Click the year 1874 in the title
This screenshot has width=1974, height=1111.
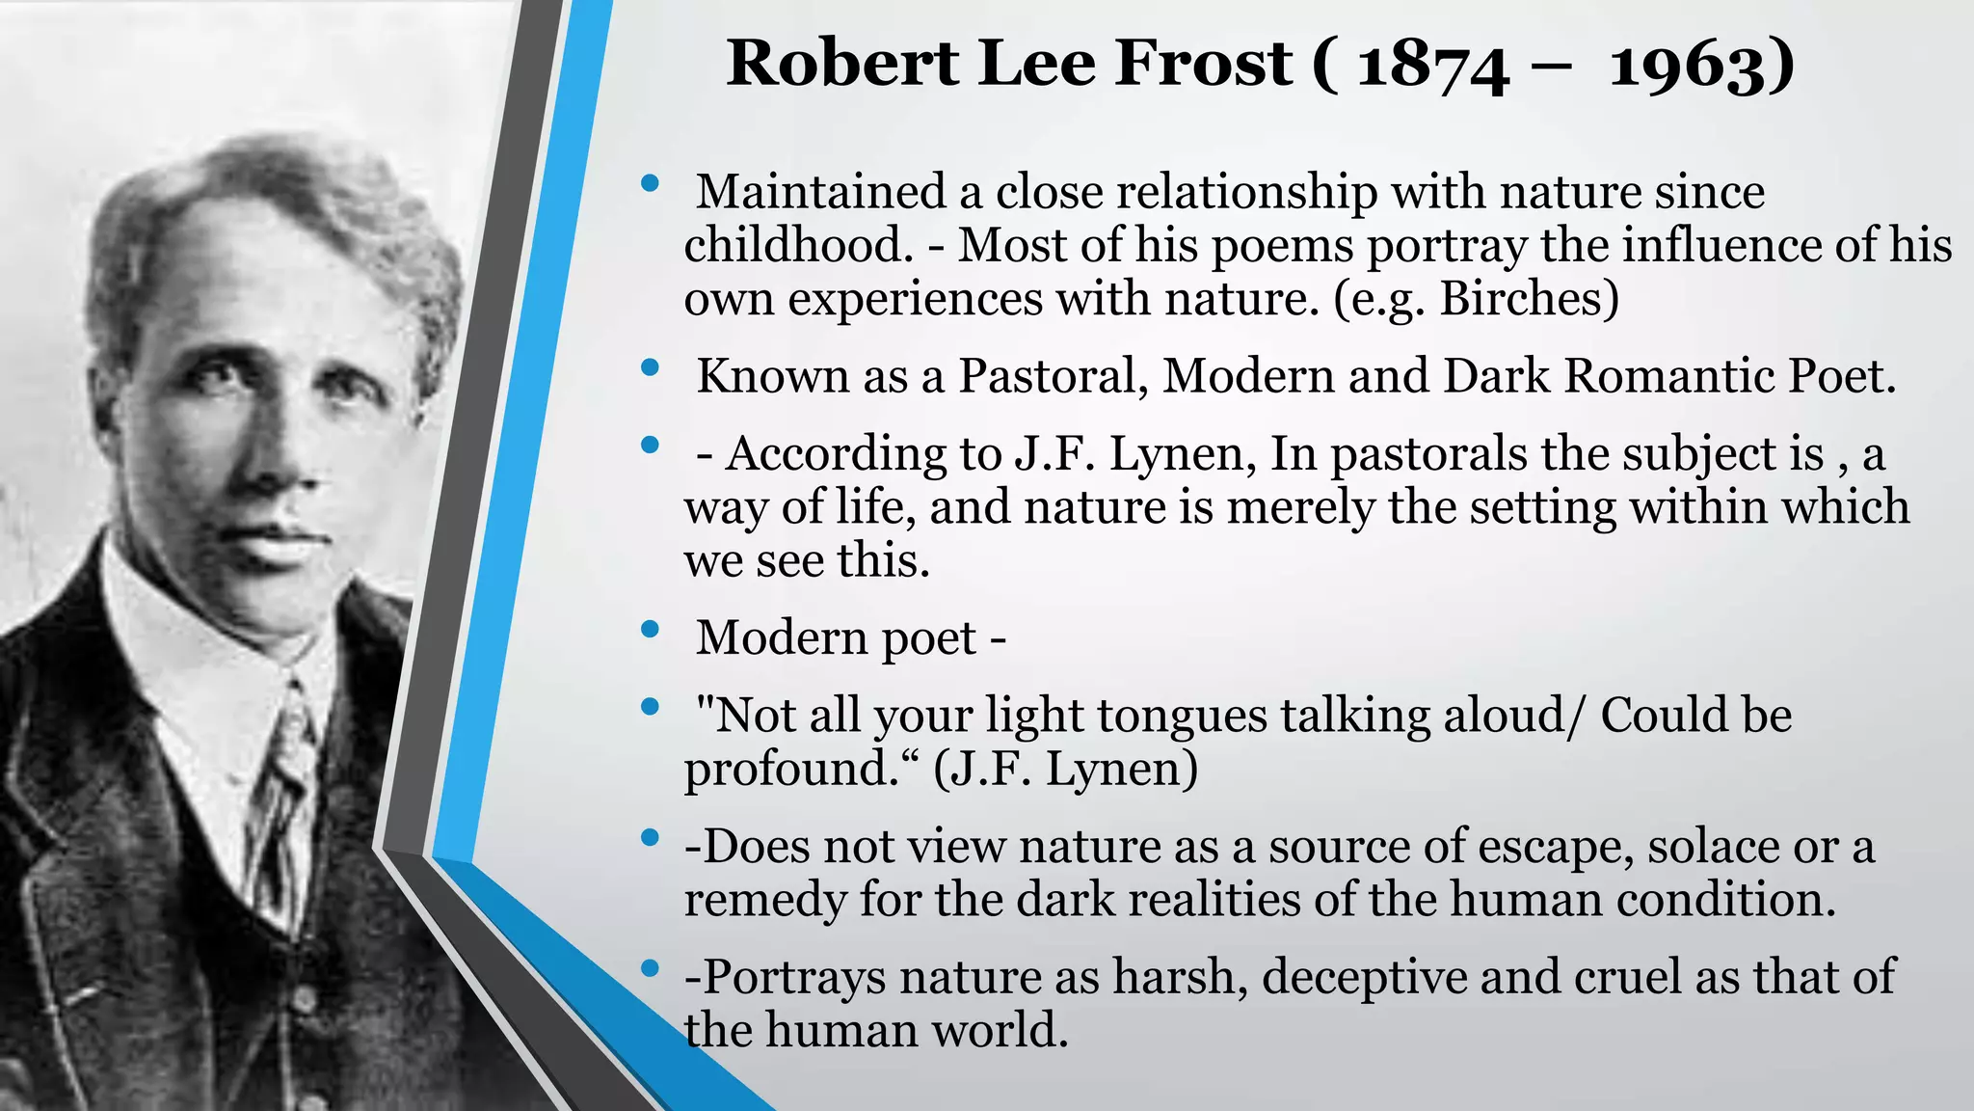[x=1432, y=65]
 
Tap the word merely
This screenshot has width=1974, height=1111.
[x=1299, y=506]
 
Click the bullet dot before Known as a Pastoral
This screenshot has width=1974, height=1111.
[x=650, y=367]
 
